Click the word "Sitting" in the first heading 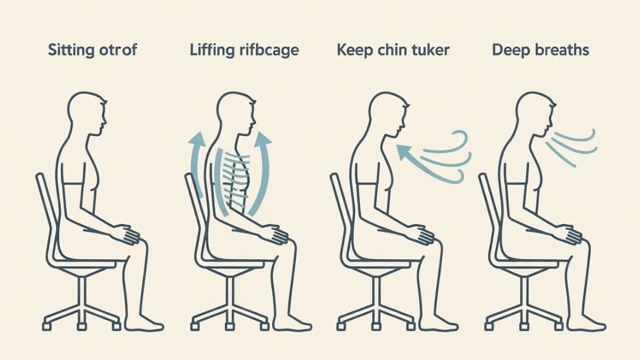click(70, 51)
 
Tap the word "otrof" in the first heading click(118, 50)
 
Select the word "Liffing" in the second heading click(211, 51)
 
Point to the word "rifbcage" click(268, 51)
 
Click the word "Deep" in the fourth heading click(509, 51)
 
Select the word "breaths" click(561, 50)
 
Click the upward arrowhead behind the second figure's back click(197, 139)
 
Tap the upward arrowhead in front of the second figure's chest click(263, 139)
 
